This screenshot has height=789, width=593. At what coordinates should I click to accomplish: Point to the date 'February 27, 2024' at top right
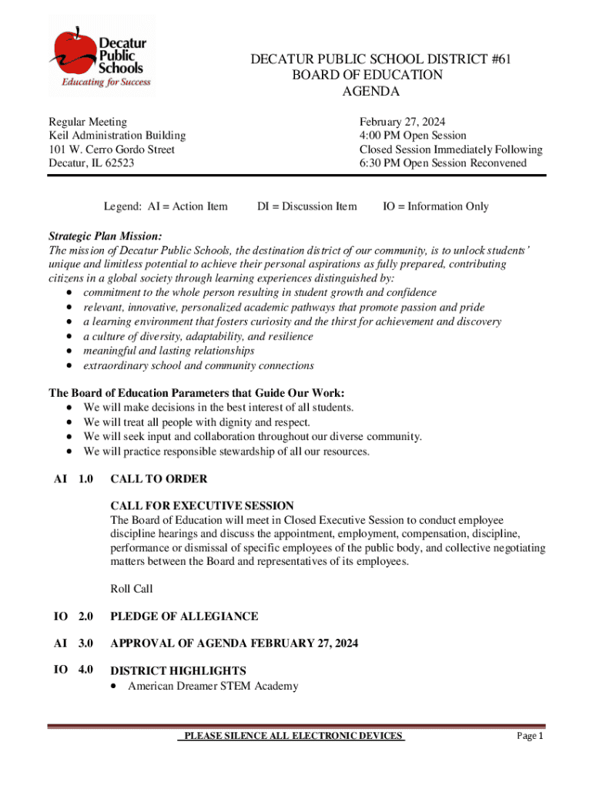click(402, 122)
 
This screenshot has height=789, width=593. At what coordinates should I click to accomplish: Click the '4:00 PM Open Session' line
click(413, 136)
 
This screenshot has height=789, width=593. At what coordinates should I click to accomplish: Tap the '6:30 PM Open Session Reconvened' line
click(443, 163)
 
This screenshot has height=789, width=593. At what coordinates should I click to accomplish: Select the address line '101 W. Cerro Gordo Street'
click(112, 149)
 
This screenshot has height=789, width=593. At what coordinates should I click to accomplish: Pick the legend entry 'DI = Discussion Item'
click(307, 206)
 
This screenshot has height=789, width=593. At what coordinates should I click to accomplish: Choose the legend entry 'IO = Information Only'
click(436, 206)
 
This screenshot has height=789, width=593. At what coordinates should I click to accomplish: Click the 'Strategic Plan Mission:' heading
click(106, 236)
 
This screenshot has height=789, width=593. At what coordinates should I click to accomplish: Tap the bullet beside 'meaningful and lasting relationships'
click(70, 351)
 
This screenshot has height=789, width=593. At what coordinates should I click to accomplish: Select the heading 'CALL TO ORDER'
click(159, 479)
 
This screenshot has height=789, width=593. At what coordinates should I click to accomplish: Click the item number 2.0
click(85, 616)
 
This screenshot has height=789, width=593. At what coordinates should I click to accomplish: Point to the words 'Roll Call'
click(132, 589)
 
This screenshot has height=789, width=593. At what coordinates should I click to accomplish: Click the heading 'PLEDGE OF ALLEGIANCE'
click(184, 616)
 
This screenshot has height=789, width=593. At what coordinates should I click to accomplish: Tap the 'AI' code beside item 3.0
click(60, 643)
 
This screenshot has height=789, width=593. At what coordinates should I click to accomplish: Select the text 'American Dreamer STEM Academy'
click(213, 686)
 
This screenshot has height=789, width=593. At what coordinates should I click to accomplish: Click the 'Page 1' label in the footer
click(530, 737)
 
